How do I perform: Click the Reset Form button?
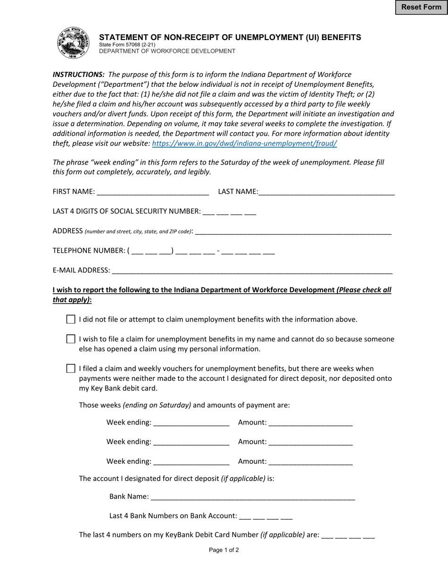[x=421, y=8]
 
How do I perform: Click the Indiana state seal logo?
[x=73, y=43]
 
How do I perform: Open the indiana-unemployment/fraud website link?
[x=244, y=143]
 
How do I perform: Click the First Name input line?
[x=152, y=191]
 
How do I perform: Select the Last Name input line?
[x=326, y=191]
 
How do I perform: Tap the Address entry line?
[x=293, y=231]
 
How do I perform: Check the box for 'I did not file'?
[x=71, y=319]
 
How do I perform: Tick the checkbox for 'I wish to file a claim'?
[x=71, y=339]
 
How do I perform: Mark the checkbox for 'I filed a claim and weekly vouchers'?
[x=71, y=368]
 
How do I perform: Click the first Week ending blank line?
[x=191, y=423]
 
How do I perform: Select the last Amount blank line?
[x=310, y=462]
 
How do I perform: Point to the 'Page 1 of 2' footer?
[x=224, y=550]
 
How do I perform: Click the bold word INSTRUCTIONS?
[x=78, y=75]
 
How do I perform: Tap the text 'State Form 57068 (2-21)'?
[x=127, y=45]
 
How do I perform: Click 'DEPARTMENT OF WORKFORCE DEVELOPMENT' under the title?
[x=167, y=51]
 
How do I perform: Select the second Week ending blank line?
[x=191, y=442]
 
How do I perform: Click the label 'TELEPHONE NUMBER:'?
[x=88, y=251]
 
